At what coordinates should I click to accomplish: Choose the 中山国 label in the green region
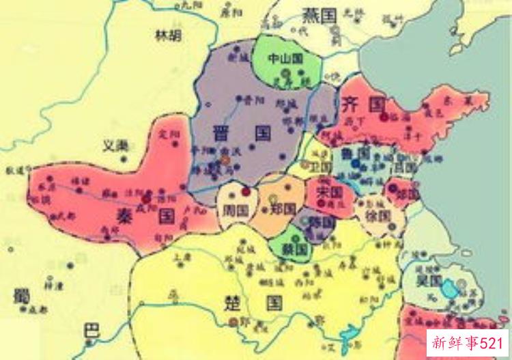(x=285, y=59)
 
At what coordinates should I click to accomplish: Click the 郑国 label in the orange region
(x=282, y=207)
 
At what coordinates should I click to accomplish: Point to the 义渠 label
(x=115, y=146)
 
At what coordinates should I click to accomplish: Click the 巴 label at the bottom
(x=90, y=331)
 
